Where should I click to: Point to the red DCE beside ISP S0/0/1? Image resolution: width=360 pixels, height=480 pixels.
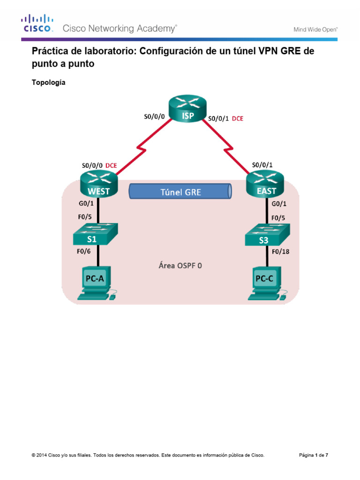point(238,119)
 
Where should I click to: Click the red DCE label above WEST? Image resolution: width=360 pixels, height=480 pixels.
point(111,165)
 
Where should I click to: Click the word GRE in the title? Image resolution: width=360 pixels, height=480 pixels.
point(292,52)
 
